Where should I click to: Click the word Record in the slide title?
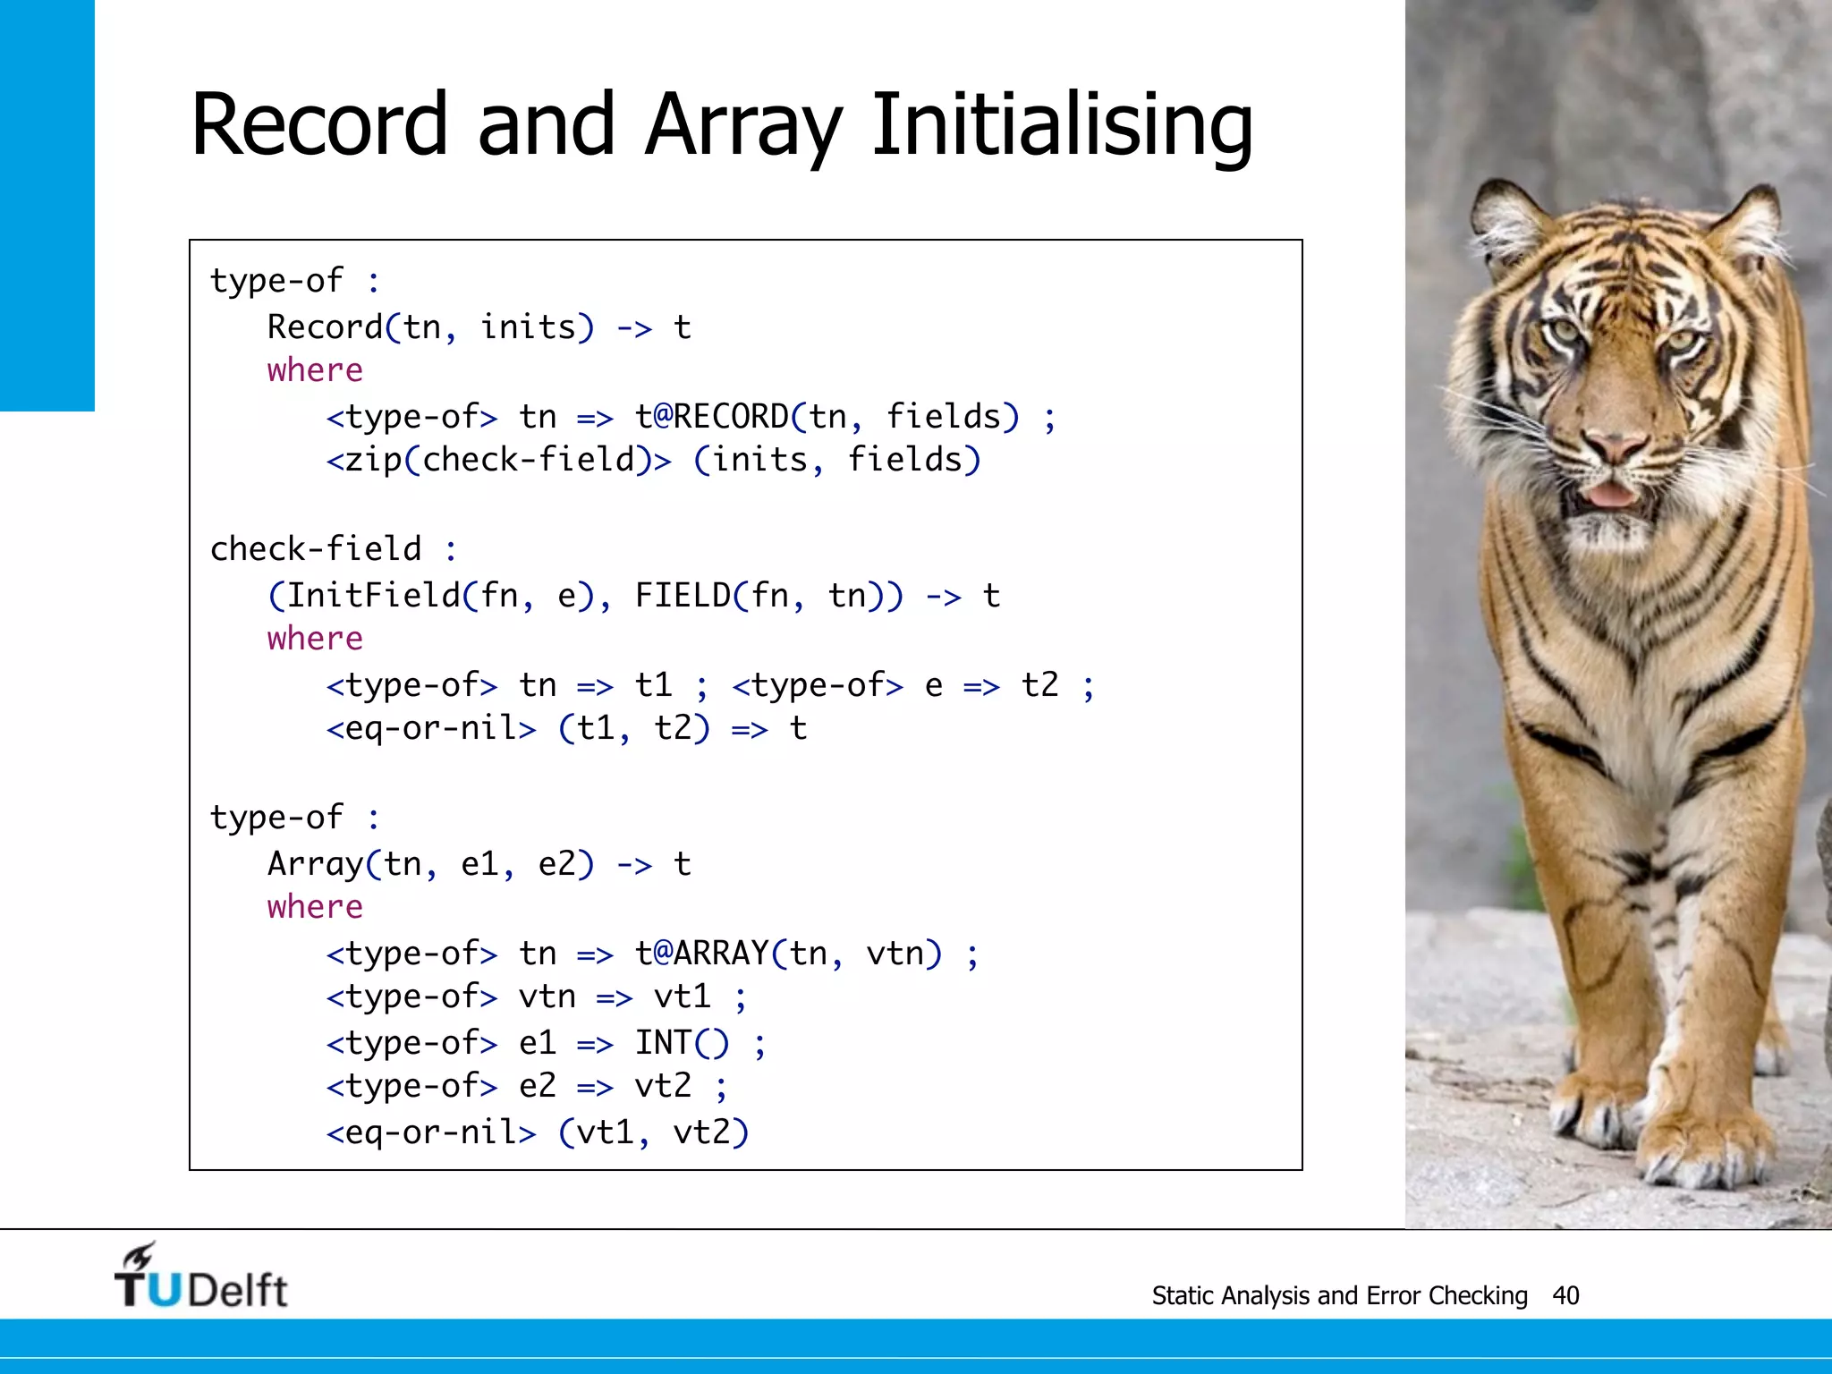click(x=318, y=125)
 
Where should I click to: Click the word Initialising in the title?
click(x=1062, y=125)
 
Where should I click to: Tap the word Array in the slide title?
click(x=742, y=125)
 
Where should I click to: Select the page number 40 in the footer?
click(x=1565, y=1295)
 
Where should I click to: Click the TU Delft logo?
click(x=200, y=1277)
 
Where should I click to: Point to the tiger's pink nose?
click(x=1613, y=445)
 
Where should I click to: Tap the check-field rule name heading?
click(x=315, y=549)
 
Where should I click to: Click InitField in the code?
click(x=373, y=596)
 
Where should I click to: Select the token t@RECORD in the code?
click(x=711, y=417)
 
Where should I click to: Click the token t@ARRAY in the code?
click(x=701, y=954)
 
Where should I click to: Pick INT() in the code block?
click(x=682, y=1043)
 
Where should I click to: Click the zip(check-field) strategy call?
click(x=497, y=461)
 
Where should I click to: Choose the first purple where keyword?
click(x=315, y=370)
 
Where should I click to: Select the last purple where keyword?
click(x=315, y=907)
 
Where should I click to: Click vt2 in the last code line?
click(x=701, y=1132)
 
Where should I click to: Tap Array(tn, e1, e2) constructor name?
click(x=315, y=864)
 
